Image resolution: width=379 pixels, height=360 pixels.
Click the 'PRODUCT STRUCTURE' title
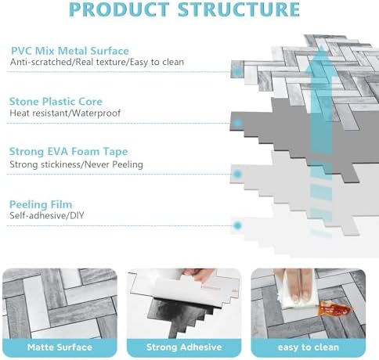point(184,9)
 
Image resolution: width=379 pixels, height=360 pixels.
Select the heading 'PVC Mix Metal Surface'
point(70,51)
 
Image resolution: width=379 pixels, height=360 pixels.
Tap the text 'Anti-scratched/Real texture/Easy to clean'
point(97,62)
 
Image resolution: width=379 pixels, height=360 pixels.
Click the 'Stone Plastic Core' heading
point(56,102)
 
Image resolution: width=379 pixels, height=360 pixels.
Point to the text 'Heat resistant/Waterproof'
point(65,113)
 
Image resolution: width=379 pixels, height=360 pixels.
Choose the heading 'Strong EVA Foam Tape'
point(68,152)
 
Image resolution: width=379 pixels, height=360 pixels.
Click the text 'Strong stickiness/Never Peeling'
point(76,164)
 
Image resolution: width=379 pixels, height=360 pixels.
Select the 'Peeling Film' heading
point(41,204)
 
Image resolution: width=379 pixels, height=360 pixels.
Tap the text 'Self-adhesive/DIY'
point(47,215)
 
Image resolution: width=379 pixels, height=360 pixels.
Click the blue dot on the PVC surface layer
point(237,71)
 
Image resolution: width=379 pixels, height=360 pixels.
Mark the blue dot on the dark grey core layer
point(237,123)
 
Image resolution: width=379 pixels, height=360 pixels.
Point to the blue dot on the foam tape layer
point(237,174)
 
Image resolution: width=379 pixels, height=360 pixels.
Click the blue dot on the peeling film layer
point(237,225)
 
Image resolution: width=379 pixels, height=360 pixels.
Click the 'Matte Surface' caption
point(60,347)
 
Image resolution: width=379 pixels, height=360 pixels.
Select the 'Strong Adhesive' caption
point(184,347)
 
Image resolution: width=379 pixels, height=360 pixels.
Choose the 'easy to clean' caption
point(309,347)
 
